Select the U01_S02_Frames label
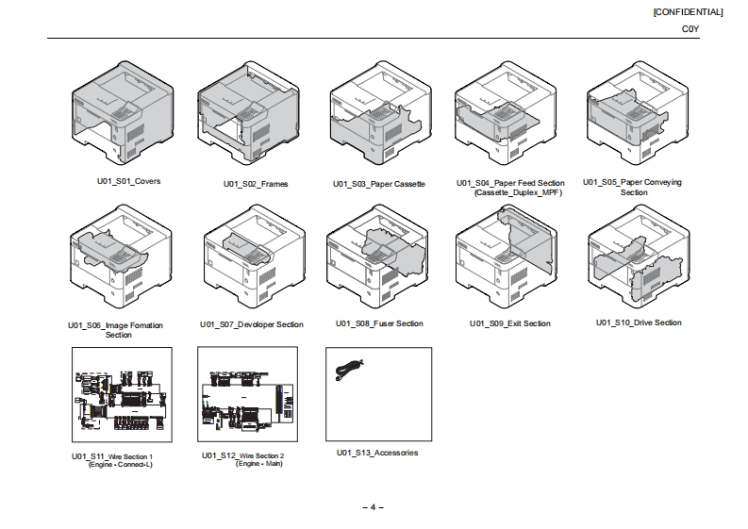(x=256, y=184)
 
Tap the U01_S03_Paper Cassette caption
(x=379, y=184)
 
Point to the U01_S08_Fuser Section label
(x=379, y=323)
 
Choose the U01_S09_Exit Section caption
(x=509, y=323)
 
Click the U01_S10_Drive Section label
(x=639, y=322)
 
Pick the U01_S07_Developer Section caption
(x=252, y=324)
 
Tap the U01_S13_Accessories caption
(x=377, y=453)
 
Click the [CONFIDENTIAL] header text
(x=688, y=12)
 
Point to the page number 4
(x=374, y=507)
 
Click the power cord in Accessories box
(x=348, y=370)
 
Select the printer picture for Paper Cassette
(x=379, y=121)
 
